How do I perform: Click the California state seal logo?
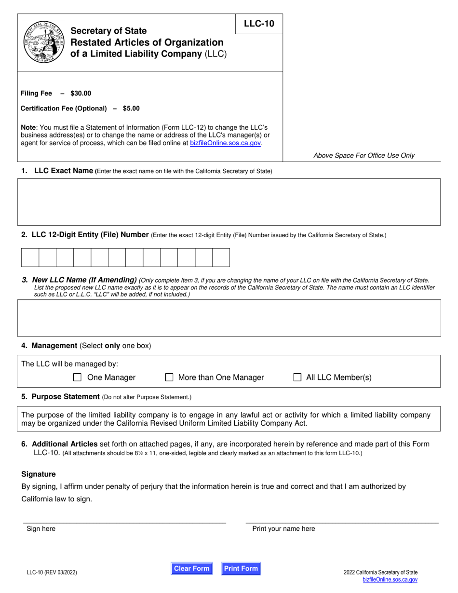click(44, 42)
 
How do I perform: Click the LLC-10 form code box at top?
click(259, 24)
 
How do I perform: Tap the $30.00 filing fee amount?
click(81, 94)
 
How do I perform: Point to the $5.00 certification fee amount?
click(131, 108)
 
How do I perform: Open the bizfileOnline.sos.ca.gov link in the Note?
click(226, 143)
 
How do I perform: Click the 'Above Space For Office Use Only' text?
click(364, 155)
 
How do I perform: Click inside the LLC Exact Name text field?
click(229, 202)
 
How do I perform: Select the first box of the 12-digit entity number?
click(30, 257)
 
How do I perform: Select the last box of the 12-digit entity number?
click(221, 257)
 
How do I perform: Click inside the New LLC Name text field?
click(229, 318)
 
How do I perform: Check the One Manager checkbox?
click(77, 377)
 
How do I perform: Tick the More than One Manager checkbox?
click(169, 377)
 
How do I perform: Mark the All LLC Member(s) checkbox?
click(297, 377)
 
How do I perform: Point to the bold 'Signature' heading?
click(39, 474)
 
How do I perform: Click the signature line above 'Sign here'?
click(124, 522)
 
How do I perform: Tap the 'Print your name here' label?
click(283, 529)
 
